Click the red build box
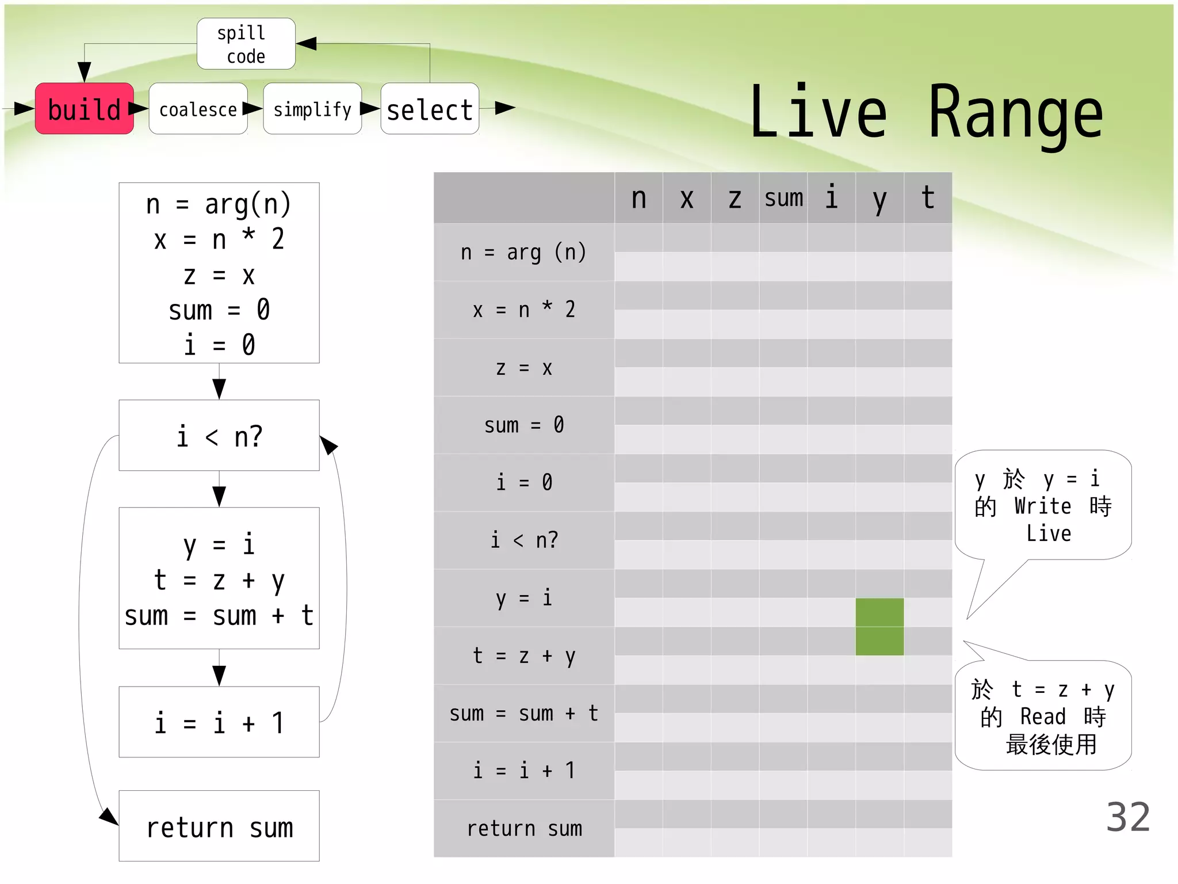85,109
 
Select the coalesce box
198,109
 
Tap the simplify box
312,109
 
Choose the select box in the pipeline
430,109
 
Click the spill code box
246,44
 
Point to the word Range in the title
1015,113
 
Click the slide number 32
1127,817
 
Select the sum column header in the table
783,198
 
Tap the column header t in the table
928,198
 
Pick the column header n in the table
638,198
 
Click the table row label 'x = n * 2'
523,310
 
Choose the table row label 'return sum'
523,829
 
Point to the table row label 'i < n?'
523,540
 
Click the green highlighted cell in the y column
879,626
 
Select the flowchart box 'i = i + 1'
219,722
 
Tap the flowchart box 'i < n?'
219,436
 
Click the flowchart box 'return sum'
219,826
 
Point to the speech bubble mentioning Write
1043,505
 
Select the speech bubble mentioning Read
1043,716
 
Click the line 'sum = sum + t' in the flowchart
219,616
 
